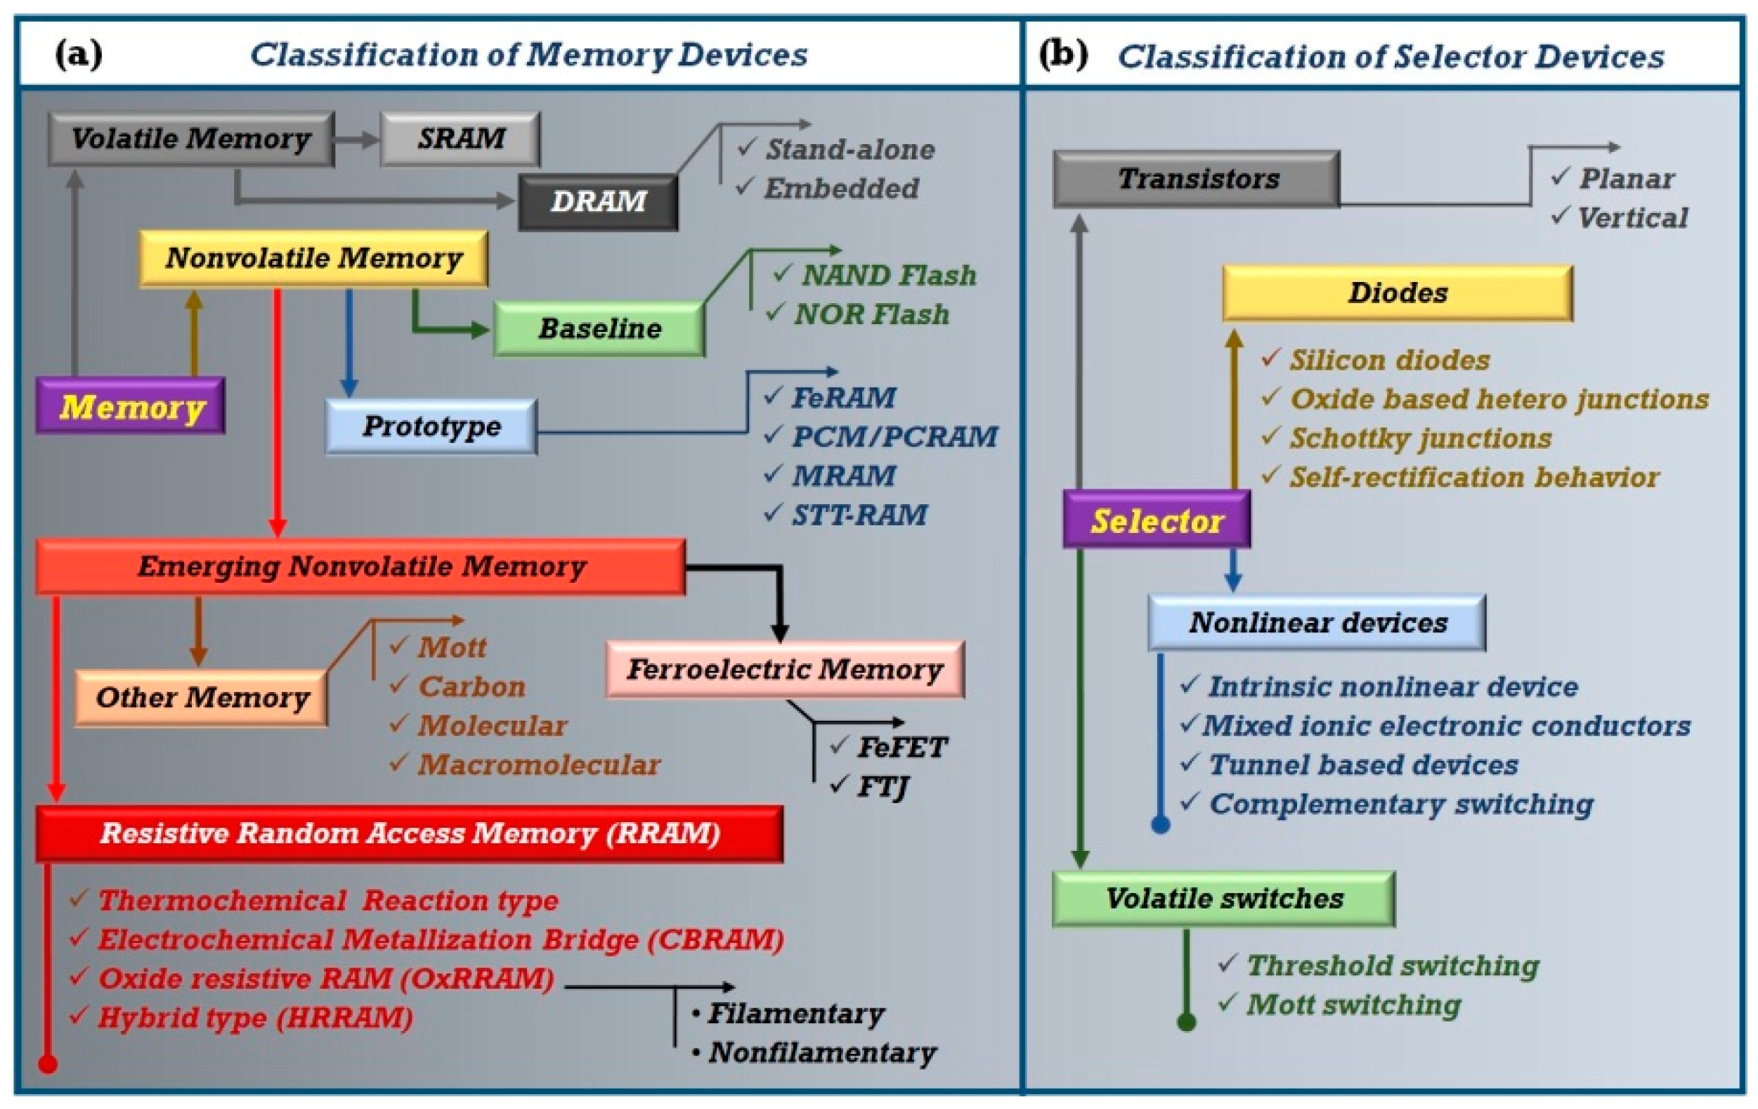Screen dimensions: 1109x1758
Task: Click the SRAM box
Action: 460,139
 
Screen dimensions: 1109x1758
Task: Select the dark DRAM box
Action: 598,201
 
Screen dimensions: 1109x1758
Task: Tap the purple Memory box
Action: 131,406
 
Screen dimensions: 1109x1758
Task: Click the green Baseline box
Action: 599,328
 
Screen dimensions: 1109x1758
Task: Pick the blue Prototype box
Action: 431,426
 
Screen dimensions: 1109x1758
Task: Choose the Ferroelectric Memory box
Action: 785,669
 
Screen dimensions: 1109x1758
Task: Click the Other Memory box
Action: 202,698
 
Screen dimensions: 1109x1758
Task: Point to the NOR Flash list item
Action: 871,314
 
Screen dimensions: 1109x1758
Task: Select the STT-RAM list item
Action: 859,515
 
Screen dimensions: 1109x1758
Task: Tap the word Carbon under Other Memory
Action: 471,687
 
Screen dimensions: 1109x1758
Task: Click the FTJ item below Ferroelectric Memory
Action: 882,786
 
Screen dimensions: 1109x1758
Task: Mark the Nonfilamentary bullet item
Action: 821,1052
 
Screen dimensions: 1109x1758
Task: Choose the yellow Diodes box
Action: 1398,293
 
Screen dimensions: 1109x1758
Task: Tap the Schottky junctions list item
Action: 1419,438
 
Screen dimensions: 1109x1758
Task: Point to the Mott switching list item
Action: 1353,1004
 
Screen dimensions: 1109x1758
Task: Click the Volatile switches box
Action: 1223,899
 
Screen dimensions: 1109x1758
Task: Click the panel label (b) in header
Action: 1062,54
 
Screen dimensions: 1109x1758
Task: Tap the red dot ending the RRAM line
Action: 48,1064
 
